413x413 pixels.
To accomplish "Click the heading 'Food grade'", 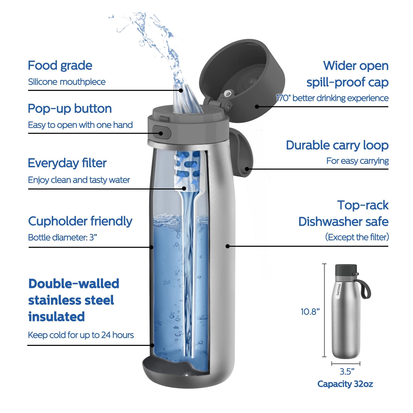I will tap(60, 66).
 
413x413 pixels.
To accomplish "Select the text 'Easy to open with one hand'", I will tap(80, 125).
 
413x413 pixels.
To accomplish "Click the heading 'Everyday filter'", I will tap(67, 163).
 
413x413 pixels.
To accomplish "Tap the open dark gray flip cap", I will tap(243, 77).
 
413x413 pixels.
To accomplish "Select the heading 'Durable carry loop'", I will tap(337, 145).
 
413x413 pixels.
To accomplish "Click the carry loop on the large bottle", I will tap(244, 152).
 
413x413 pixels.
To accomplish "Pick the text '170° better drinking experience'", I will tap(332, 98).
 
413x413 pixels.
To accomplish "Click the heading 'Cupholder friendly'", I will tap(80, 221).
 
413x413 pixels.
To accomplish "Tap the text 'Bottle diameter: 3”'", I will tap(62, 237).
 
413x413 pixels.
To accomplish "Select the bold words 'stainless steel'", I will tap(71, 300).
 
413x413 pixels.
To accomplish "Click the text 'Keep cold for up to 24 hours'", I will tap(81, 335).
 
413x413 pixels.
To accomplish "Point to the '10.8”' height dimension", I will tap(310, 312).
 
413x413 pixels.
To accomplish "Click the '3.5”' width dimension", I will tap(347, 372).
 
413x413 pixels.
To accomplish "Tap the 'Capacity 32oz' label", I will tap(345, 384).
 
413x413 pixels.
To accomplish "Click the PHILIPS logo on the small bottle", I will tap(339, 290).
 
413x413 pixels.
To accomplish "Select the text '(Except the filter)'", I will tap(357, 237).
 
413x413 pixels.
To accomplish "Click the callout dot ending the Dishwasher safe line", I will tap(227, 246).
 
